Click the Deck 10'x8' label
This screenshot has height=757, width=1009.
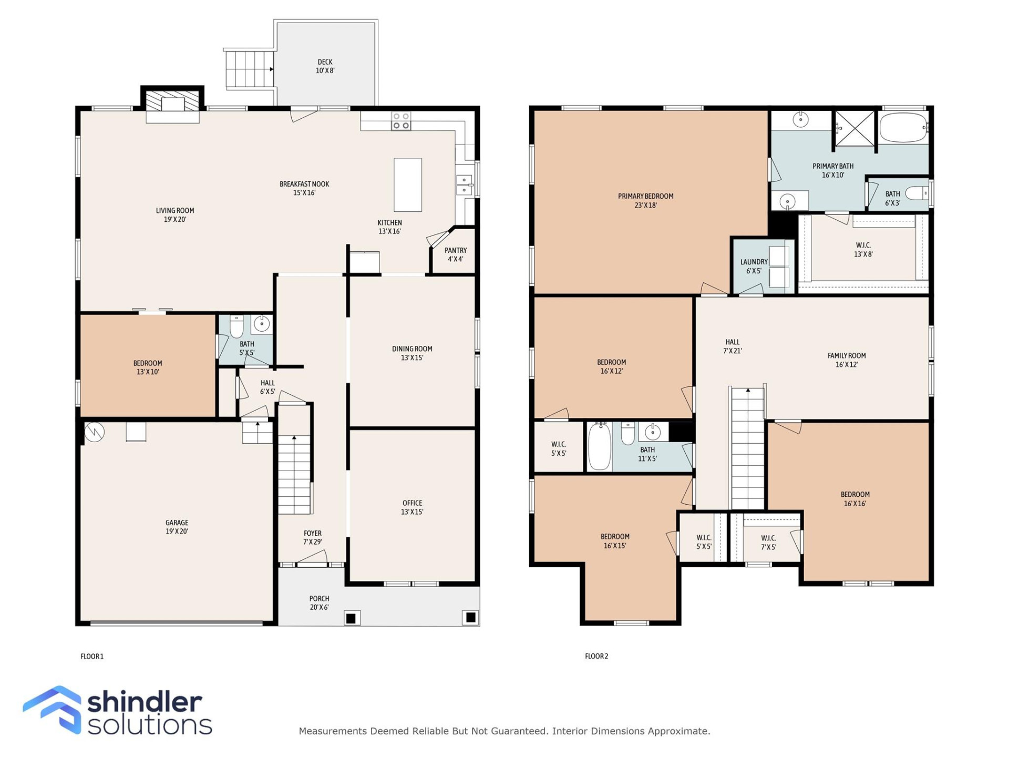click(x=325, y=66)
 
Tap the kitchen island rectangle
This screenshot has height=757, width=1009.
click(x=407, y=185)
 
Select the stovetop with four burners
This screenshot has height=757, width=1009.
click(x=401, y=121)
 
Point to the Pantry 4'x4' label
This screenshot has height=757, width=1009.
click(x=455, y=254)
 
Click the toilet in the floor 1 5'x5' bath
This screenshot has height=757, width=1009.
click(x=236, y=326)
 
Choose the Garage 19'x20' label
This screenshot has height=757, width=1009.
click(x=177, y=527)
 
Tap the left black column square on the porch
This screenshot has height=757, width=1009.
click(x=352, y=618)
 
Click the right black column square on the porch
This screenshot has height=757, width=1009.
click(x=470, y=617)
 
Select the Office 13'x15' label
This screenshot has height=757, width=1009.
click(x=412, y=507)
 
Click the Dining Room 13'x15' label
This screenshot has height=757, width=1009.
click(x=412, y=353)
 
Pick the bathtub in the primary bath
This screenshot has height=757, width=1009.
click(x=903, y=127)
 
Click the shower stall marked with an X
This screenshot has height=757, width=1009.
click(x=854, y=128)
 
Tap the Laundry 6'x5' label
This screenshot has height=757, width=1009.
click(x=754, y=266)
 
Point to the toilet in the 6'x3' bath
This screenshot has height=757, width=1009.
click(x=918, y=194)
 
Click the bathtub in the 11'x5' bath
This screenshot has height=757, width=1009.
click(x=599, y=447)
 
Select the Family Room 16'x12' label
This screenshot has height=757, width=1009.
click(x=846, y=360)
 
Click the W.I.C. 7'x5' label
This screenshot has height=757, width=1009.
click(x=768, y=543)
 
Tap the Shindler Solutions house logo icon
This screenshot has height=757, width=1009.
click(x=53, y=710)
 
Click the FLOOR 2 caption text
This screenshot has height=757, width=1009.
click(x=596, y=656)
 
